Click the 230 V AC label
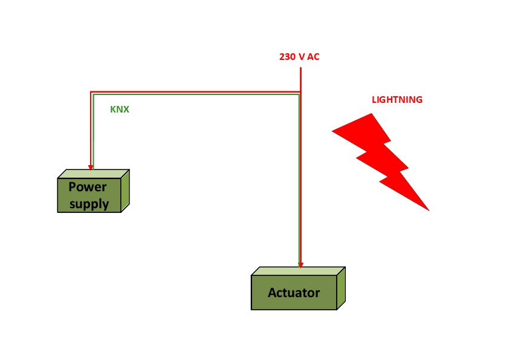coord(299,57)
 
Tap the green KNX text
coord(120,110)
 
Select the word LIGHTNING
coord(397,100)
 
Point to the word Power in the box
coord(88,186)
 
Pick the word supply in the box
coord(89,203)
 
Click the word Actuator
coord(294,293)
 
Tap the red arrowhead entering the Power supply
coord(91,166)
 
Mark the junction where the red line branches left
coord(300,92)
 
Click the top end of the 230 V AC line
coord(300,68)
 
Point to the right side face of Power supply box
coord(125,191)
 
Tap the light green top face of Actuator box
coord(298,271)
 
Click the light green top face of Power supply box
coord(94,174)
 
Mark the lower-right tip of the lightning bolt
coord(428,210)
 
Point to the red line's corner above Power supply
coord(91,92)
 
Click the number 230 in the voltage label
coord(287,57)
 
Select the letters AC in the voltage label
coord(313,57)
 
